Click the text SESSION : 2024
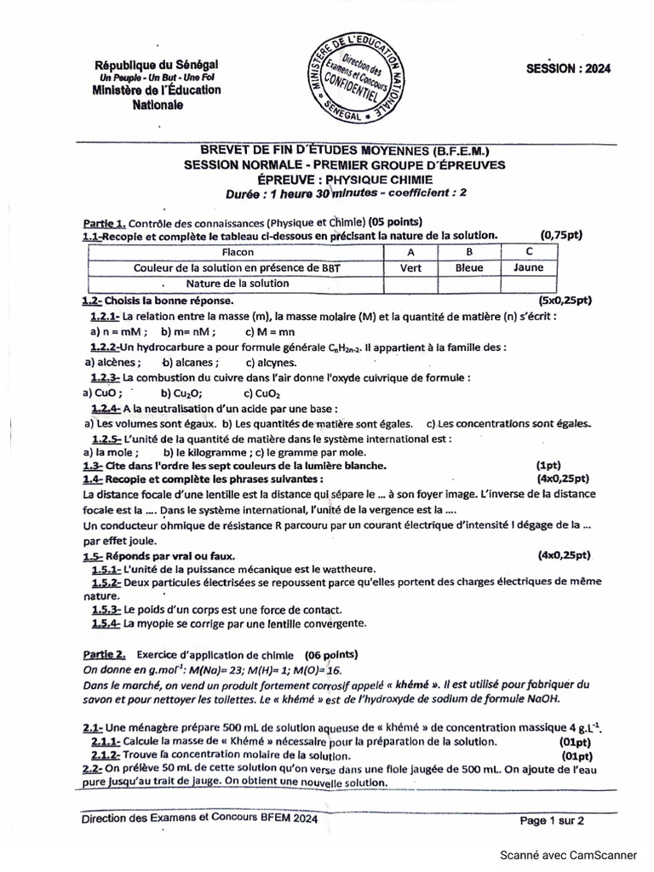click(568, 70)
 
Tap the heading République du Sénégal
click(157, 65)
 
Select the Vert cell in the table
click(410, 267)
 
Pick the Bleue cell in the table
click(468, 267)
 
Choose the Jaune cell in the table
click(528, 267)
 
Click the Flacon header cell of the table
click(232, 252)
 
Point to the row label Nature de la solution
click(237, 283)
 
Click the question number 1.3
click(92, 466)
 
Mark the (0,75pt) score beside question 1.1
click(561, 235)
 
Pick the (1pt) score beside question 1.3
click(548, 466)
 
